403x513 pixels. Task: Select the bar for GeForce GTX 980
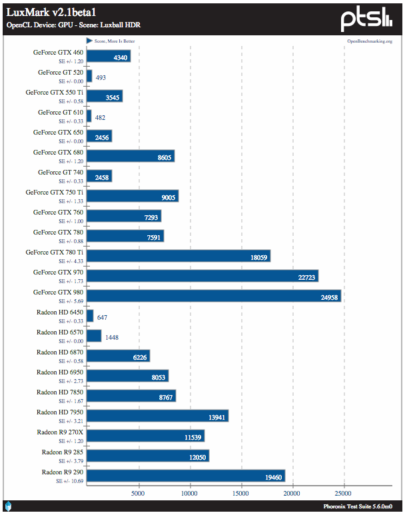[213, 296]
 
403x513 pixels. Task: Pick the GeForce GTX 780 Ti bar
[178, 256]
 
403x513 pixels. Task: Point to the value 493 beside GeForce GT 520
[101, 77]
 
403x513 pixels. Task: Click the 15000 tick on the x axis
[241, 494]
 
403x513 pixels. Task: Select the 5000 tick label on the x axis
[138, 494]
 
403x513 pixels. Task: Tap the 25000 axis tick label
[344, 494]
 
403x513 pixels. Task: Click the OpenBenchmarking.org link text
[370, 41]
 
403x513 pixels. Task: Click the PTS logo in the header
[366, 19]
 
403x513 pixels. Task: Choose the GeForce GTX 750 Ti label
[55, 192]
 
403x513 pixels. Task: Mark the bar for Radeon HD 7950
[157, 416]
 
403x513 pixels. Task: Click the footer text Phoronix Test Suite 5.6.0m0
[362, 506]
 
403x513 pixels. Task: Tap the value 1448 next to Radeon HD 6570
[112, 337]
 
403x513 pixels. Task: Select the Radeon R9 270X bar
[145, 436]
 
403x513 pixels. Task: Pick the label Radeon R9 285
[63, 452]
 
